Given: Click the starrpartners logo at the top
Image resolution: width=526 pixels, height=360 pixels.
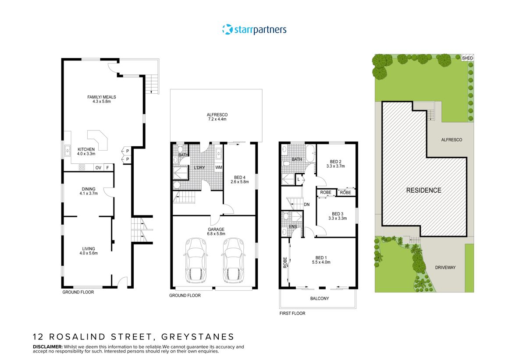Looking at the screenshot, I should [x=254, y=30].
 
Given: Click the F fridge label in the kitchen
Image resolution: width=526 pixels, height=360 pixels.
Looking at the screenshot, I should [x=107, y=167].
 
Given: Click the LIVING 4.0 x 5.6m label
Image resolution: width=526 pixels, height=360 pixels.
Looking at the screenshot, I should [x=88, y=251].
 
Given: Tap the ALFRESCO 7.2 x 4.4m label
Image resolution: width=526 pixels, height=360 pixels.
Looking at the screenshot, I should [x=217, y=117].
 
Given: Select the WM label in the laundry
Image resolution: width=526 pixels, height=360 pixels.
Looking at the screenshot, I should [x=218, y=168].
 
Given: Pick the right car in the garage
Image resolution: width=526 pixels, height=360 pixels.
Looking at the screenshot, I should [x=232, y=260].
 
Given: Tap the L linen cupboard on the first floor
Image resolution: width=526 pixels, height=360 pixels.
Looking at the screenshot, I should [x=299, y=180].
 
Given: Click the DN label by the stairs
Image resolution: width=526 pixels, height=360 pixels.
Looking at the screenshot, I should [x=307, y=205].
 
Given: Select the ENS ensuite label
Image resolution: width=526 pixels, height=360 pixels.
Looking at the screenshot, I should [x=293, y=226].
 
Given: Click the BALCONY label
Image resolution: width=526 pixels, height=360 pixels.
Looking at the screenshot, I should [x=320, y=299].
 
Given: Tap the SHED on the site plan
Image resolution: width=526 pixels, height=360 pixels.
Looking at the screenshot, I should [x=468, y=58].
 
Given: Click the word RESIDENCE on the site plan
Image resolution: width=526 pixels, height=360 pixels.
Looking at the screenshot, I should [x=423, y=190].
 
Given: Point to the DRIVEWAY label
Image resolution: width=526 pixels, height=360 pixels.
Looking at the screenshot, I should [x=445, y=267].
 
